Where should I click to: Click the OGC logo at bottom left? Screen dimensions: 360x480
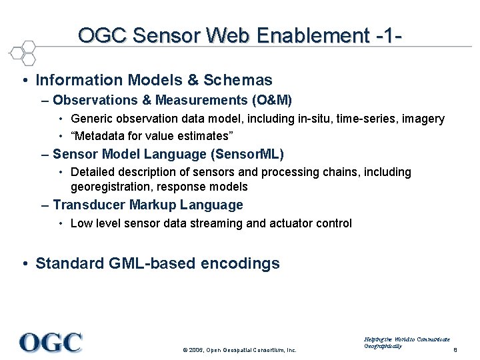click(51, 342)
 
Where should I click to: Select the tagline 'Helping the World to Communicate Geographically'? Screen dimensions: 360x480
click(407, 343)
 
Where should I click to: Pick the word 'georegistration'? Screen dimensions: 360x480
click(107, 187)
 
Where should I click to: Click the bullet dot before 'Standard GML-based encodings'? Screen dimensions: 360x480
click(24, 263)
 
